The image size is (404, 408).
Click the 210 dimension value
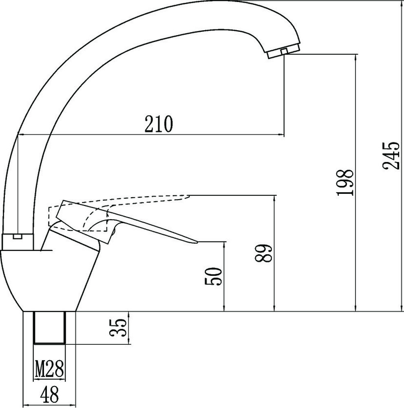[x=159, y=124]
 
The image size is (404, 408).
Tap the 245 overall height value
[x=391, y=155]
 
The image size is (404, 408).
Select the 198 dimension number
[x=345, y=183]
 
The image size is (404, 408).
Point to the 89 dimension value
[x=264, y=253]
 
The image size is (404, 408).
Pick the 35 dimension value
[x=118, y=328]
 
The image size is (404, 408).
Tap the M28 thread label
[x=49, y=369]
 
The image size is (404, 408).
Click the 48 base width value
[x=49, y=394]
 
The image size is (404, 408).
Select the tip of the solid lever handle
[x=197, y=242]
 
